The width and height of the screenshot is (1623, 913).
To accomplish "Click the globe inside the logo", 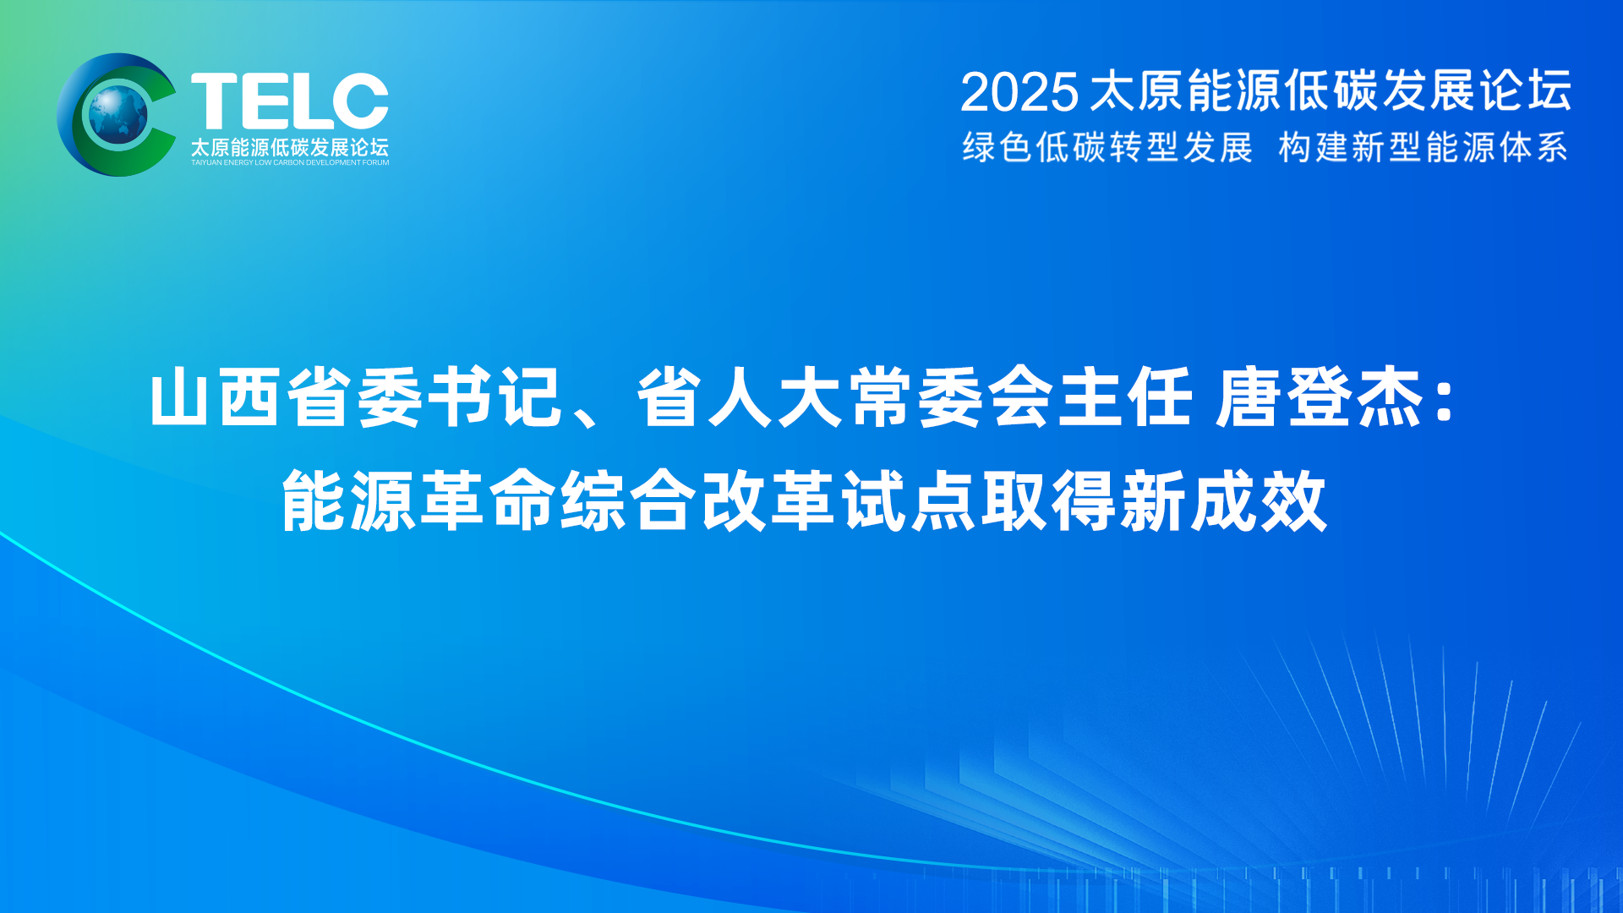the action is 118,114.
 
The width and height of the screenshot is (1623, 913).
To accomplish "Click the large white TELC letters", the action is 290,101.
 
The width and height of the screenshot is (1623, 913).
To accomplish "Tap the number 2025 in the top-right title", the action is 1019,91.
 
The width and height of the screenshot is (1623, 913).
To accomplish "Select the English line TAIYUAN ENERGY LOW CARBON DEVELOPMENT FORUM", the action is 290,162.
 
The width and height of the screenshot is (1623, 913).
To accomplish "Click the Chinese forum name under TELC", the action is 290,147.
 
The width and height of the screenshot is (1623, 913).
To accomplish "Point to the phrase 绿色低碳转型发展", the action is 1107,147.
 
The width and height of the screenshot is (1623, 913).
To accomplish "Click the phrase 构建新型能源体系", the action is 1424,147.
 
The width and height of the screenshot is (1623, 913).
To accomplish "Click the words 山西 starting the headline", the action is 216,396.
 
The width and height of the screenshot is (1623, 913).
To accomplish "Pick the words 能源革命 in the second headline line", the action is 419,501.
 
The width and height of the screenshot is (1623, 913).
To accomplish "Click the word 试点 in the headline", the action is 909,501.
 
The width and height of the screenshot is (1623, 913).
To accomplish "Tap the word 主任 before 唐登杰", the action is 1125,396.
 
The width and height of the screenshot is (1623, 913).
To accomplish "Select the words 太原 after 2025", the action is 1137,91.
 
